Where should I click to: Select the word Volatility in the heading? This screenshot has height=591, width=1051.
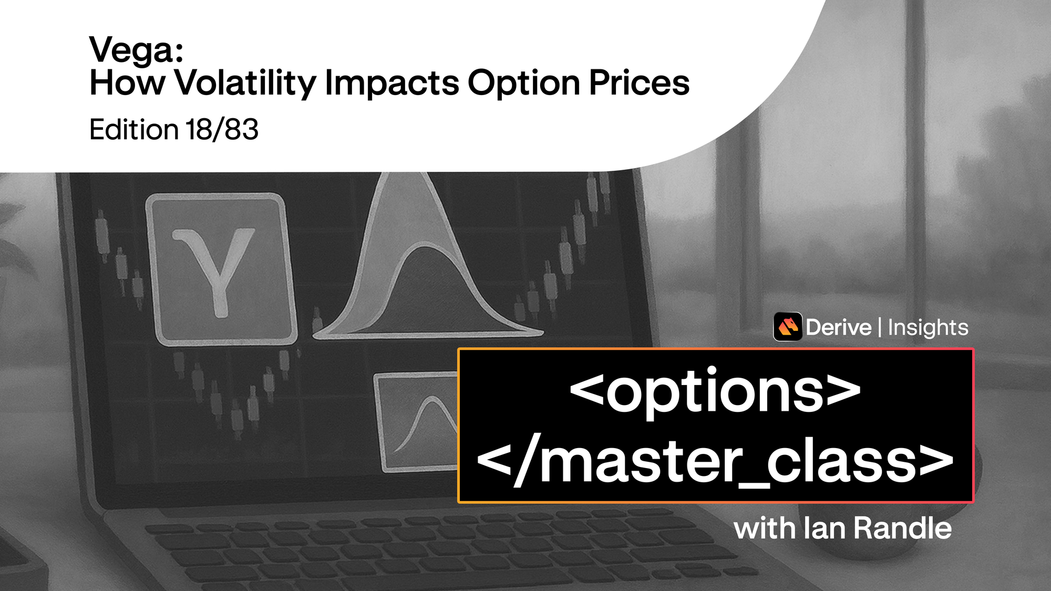[245, 83]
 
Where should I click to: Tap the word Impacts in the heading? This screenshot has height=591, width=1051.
[392, 83]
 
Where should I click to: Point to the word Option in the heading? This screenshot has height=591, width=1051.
[523, 83]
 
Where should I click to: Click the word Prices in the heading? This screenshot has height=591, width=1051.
[639, 83]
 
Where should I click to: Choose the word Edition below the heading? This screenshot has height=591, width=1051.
[134, 129]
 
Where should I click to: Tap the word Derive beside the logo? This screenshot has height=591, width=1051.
[839, 327]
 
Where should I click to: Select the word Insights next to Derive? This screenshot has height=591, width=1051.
[928, 327]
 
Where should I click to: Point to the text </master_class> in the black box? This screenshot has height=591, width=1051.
[715, 462]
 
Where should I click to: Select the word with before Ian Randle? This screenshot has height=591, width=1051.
[765, 528]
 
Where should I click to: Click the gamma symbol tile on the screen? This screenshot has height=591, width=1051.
[221, 269]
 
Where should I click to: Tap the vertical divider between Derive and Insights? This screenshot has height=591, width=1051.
[880, 327]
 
